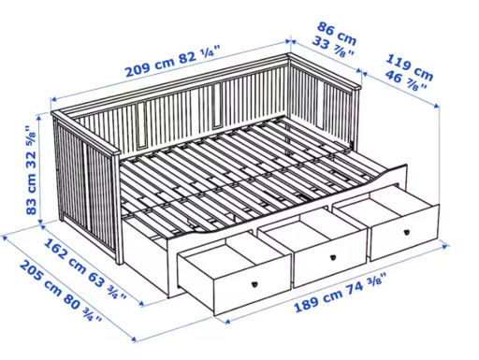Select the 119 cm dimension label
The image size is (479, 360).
(410, 67)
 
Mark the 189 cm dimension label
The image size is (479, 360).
(318, 300)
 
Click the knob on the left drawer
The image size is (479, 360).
(255, 284)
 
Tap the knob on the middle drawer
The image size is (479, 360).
(333, 257)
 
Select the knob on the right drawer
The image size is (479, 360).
(406, 232)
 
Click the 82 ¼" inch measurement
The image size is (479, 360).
(199, 53)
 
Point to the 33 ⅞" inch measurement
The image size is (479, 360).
(333, 48)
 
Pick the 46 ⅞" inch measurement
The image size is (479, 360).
(405, 80)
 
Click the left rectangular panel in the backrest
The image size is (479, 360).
(141, 125)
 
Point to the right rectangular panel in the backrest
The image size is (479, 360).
(217, 106)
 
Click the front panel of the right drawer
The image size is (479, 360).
(405, 233)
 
